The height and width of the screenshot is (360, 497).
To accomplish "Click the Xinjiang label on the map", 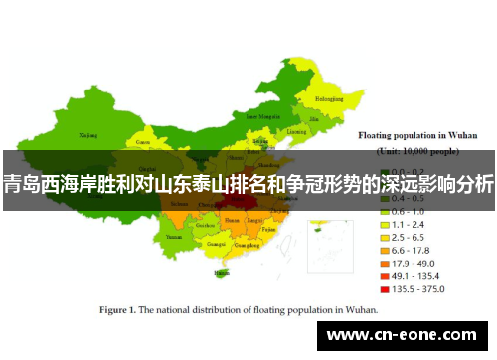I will (x=88, y=133).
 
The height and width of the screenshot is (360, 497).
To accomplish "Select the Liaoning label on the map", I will (x=296, y=130).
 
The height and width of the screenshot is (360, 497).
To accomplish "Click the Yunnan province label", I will (x=175, y=238).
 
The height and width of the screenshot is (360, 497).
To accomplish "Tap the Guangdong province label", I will (x=245, y=243).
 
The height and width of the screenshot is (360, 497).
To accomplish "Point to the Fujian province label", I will (x=268, y=229).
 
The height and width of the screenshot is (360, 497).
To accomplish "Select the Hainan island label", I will (x=220, y=270).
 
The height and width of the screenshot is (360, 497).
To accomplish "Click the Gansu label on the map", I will (x=143, y=142).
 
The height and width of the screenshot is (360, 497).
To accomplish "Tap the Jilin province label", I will (x=317, y=117).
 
